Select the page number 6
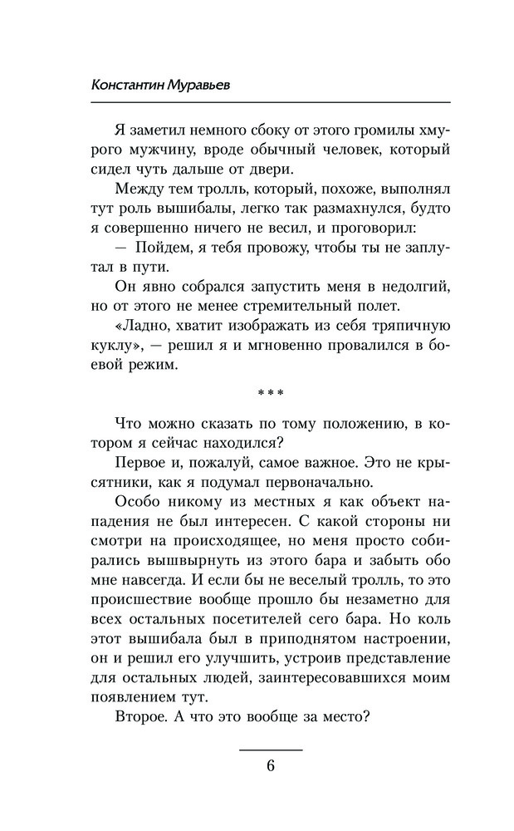[x=271, y=766]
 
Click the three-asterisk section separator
[x=271, y=390]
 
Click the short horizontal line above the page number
[x=271, y=750]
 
